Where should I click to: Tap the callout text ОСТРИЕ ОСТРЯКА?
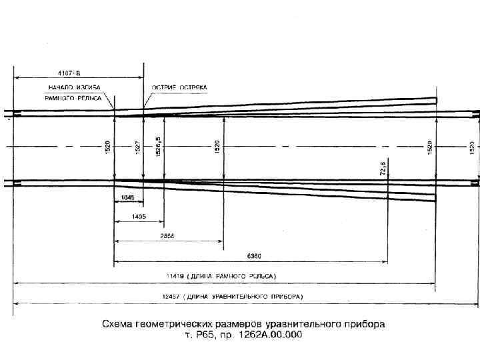pyautogui.click(x=179, y=87)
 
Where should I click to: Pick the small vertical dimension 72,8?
pyautogui.click(x=383, y=168)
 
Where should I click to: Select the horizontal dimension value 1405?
pyautogui.click(x=139, y=217)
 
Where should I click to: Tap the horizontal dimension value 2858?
pyautogui.click(x=167, y=235)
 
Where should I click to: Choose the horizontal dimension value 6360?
pyautogui.click(x=254, y=255)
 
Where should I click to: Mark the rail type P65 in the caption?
pyautogui.click(x=205, y=335)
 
